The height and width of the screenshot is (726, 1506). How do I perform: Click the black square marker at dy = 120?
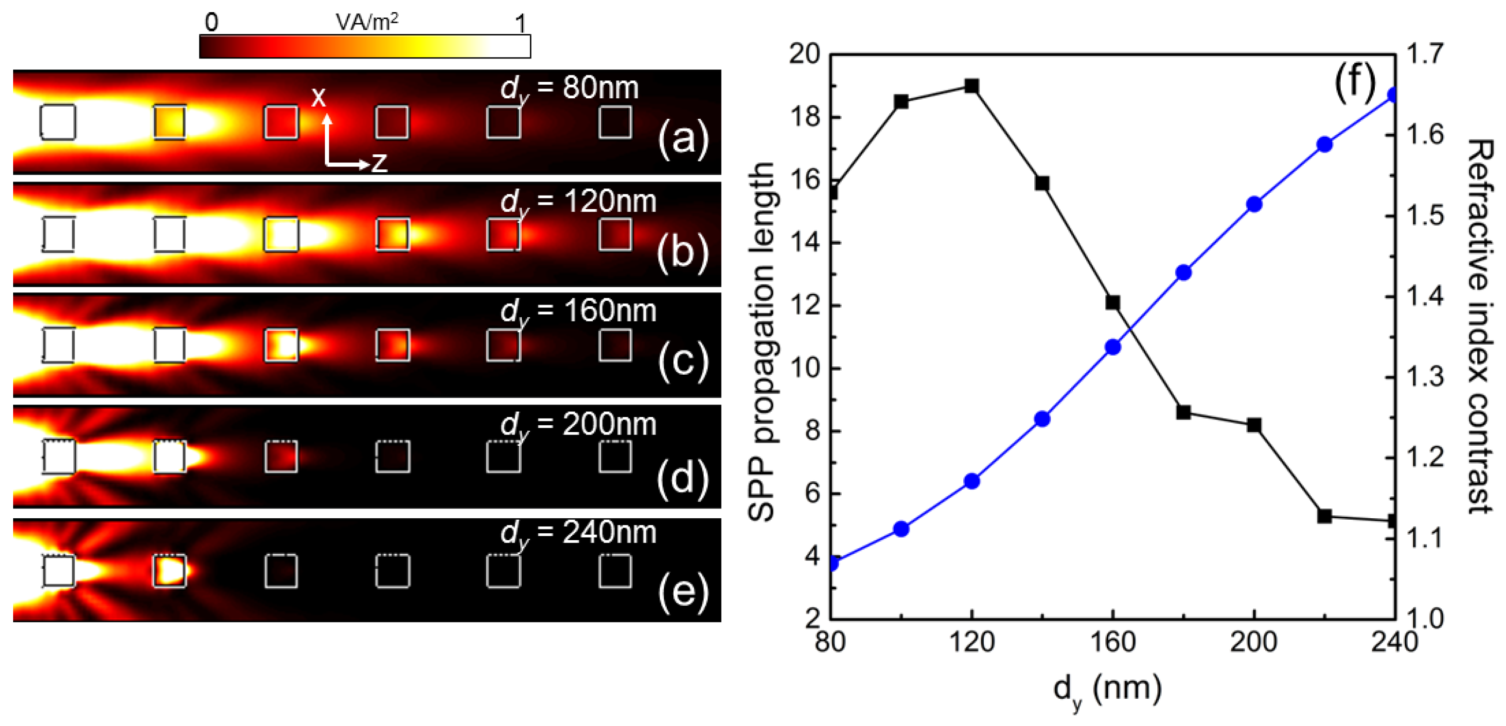pyautogui.click(x=972, y=86)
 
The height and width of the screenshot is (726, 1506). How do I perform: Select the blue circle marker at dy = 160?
pyautogui.click(x=1113, y=347)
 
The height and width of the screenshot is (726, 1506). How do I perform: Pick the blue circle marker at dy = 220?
pyautogui.click(x=1325, y=145)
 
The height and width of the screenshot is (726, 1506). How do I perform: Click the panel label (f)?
pyautogui.click(x=1355, y=84)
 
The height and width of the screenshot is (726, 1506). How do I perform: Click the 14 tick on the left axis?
pyautogui.click(x=806, y=243)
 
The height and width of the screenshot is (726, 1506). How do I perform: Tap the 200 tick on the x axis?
pyautogui.click(x=1254, y=642)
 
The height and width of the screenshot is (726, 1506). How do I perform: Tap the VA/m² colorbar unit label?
pyautogui.click(x=367, y=21)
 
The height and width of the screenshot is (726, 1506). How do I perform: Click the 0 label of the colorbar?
pyautogui.click(x=211, y=22)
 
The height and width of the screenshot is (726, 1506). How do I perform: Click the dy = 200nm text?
pyautogui.click(x=578, y=425)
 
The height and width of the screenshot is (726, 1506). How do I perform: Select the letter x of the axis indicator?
pyautogui.click(x=318, y=96)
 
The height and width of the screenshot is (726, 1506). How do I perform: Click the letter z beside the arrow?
pyautogui.click(x=379, y=162)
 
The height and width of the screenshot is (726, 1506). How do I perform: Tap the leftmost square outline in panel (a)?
pyautogui.click(x=58, y=122)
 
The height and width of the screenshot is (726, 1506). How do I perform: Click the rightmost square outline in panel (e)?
pyautogui.click(x=615, y=571)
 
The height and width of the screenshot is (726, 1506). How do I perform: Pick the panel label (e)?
pyautogui.click(x=683, y=593)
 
